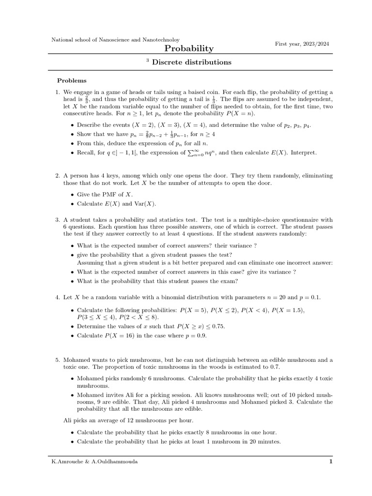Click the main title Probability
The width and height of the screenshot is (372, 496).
(189, 48)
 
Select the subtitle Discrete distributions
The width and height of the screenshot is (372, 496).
(192, 62)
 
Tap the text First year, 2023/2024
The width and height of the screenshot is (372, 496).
(302, 44)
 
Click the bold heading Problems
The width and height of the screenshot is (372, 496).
(72, 80)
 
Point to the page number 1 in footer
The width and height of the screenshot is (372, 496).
(331, 462)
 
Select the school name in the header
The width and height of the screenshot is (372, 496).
(115, 39)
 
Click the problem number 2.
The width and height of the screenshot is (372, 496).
(56, 175)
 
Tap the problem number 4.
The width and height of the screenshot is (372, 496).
(56, 297)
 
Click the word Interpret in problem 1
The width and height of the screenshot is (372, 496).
(303, 153)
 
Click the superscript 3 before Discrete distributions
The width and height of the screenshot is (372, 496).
(147, 60)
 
